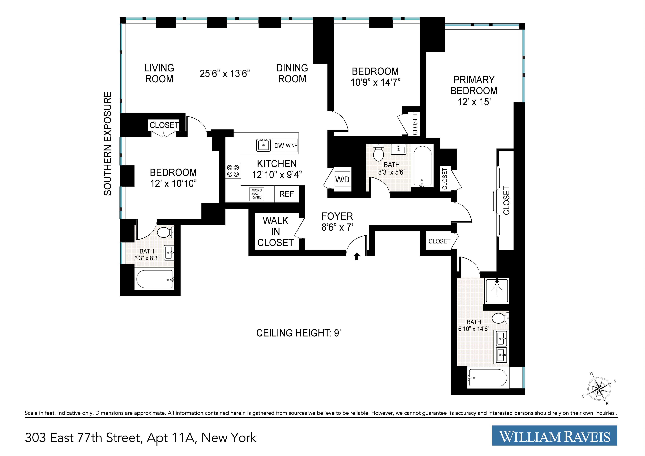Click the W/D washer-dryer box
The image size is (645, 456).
(342, 179)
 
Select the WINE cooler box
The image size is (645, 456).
(292, 145)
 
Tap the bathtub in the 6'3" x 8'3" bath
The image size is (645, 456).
(155, 279)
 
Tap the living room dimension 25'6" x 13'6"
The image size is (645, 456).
(225, 74)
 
